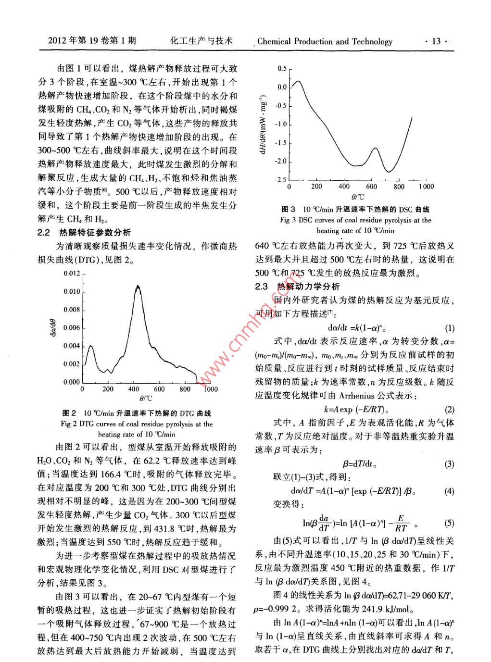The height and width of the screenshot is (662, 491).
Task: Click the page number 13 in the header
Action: coord(436,41)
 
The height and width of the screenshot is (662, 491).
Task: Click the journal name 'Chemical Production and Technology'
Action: coord(325,41)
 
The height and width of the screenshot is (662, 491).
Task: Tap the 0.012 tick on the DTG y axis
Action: coord(72,274)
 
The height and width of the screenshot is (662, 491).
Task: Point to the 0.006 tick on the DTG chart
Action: coord(72,328)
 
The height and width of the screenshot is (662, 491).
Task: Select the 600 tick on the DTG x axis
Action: coord(159,389)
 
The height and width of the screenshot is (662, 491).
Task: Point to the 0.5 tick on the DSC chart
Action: coord(282,69)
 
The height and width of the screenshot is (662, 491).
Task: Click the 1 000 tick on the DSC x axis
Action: coord(426,187)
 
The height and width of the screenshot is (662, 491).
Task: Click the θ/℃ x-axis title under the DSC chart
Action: coord(357,197)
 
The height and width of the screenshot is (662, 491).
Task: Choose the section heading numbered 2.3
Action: coord(297,287)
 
